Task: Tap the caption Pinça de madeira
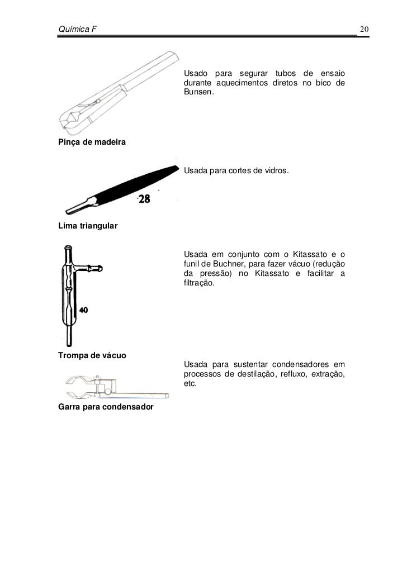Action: tap(92, 144)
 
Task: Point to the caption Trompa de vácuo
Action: tap(92, 356)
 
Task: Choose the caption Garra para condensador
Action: tap(106, 407)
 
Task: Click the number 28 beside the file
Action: tap(144, 199)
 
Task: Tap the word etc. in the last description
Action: tap(190, 384)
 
